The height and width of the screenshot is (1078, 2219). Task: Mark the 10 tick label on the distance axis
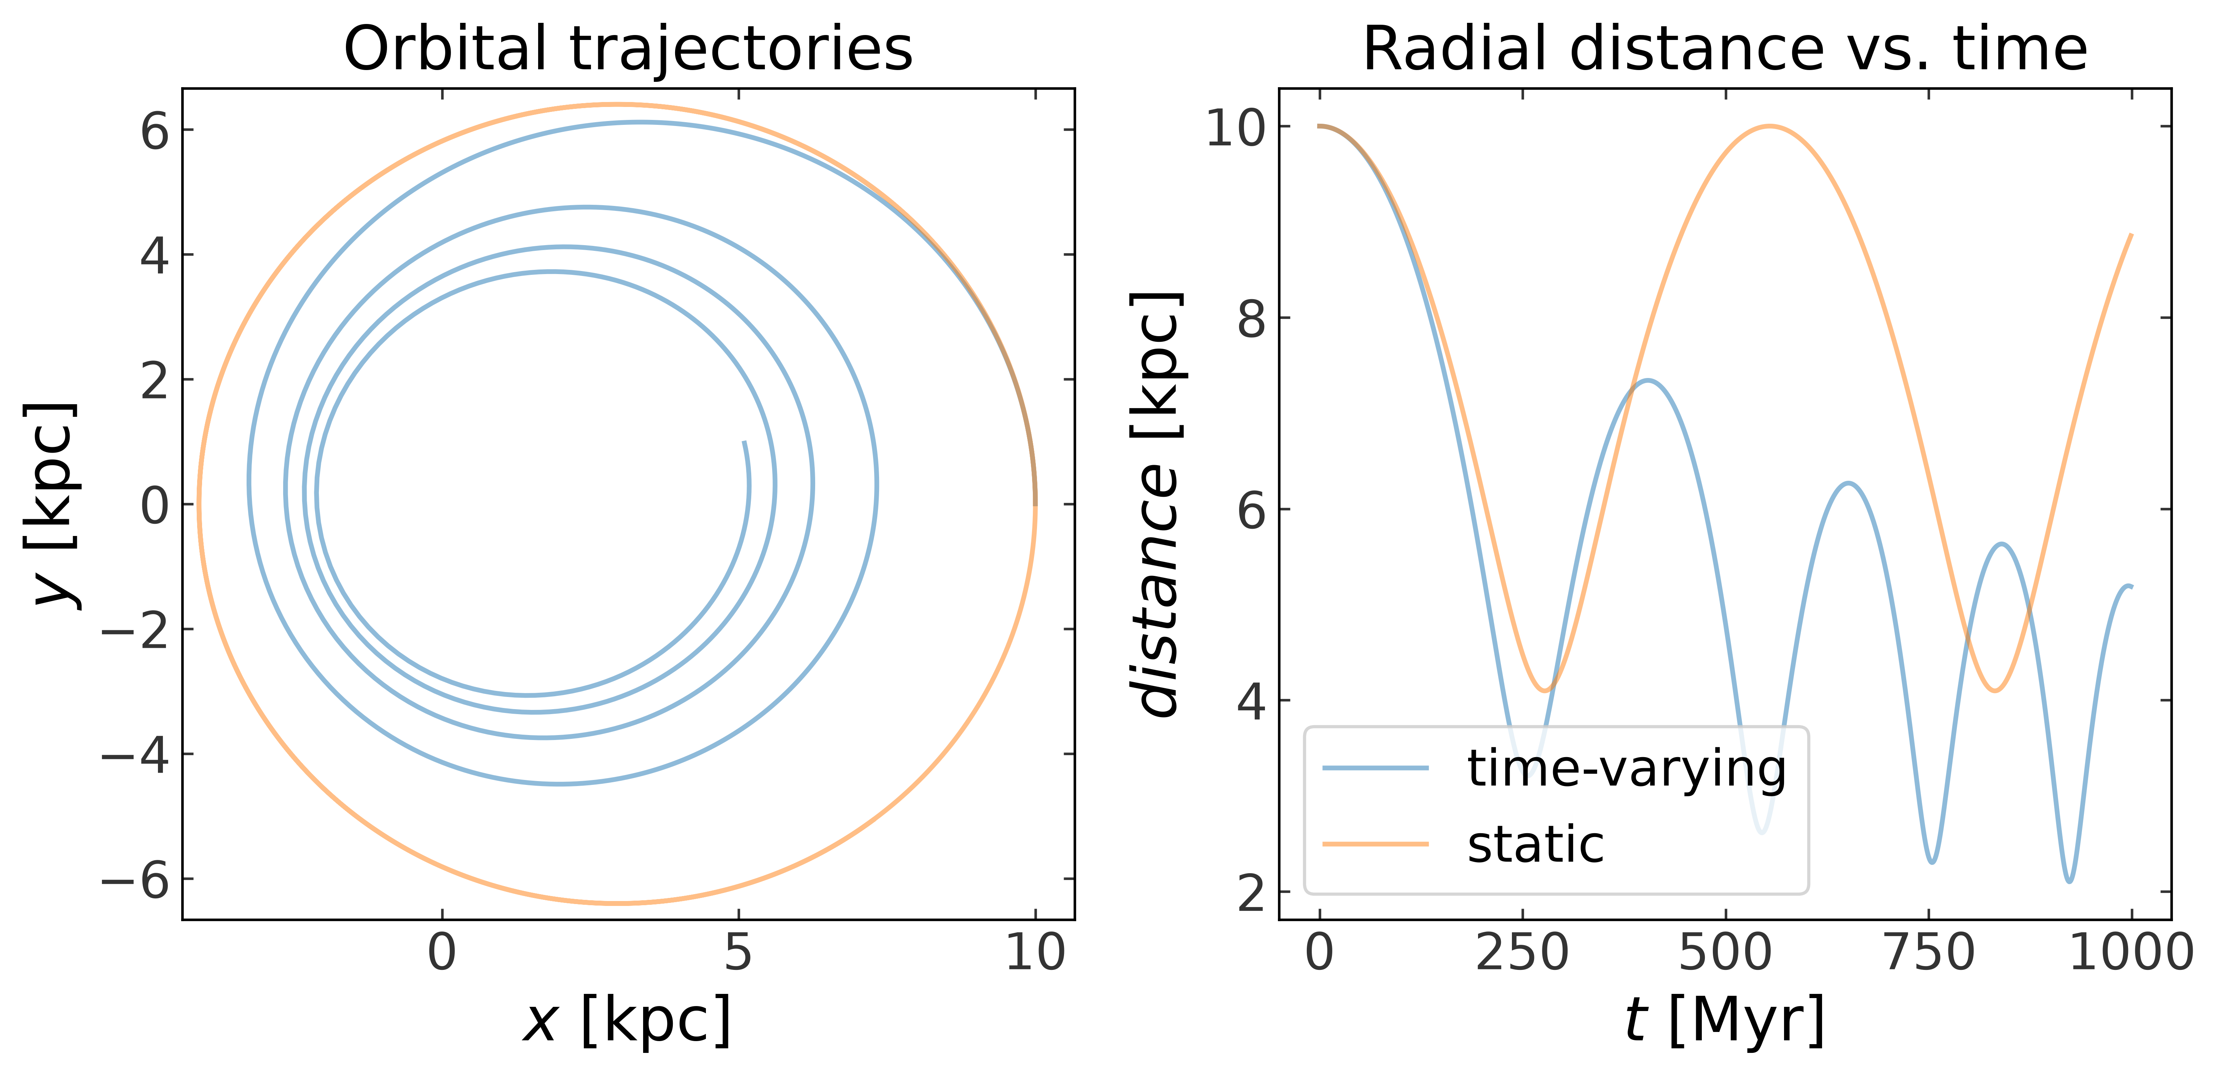point(1236,128)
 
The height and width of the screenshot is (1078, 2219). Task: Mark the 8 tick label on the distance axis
point(1252,319)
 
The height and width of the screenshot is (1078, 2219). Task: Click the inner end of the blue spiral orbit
point(743,442)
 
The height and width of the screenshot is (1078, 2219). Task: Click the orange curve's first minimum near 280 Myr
point(1547,690)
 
